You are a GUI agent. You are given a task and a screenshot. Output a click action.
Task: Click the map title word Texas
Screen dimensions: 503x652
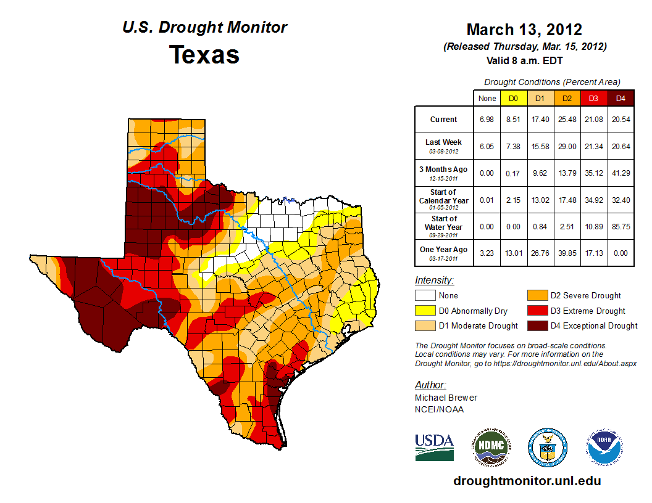click(x=204, y=55)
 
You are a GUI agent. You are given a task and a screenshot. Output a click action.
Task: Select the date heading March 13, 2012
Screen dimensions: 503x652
click(x=524, y=30)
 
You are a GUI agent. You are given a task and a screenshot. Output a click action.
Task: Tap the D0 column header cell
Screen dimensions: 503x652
click(x=513, y=98)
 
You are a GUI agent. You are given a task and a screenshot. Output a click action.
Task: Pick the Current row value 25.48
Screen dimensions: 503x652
click(x=567, y=120)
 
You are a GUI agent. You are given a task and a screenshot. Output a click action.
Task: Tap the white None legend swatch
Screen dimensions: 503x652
click(x=425, y=296)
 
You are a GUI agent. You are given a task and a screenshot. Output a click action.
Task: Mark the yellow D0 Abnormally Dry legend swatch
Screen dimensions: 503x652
click(x=425, y=311)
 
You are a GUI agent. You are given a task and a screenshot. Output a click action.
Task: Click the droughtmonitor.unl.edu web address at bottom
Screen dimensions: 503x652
click(x=527, y=481)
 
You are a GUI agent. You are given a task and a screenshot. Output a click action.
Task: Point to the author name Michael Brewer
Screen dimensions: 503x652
click(x=446, y=398)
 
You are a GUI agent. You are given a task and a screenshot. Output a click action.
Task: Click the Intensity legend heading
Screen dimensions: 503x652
click(x=434, y=280)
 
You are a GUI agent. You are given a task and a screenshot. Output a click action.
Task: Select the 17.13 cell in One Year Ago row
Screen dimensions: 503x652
click(x=593, y=253)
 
